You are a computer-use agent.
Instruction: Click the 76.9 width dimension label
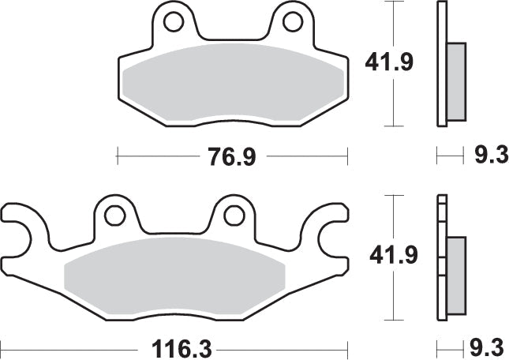point(232,157)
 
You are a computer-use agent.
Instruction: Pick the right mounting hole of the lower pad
point(233,214)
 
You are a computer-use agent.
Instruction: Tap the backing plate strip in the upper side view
point(440,63)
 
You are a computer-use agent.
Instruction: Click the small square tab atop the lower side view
point(441,199)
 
